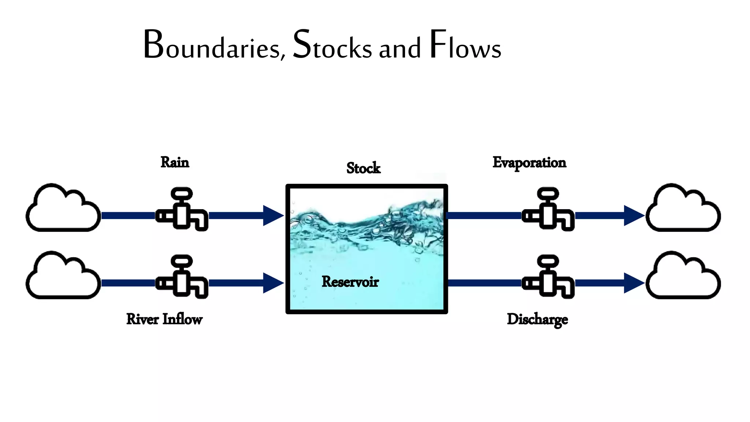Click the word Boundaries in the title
pyautogui.click(x=214, y=46)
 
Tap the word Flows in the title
pyautogui.click(x=465, y=46)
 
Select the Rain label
pyautogui.click(x=175, y=162)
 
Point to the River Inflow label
pyautogui.click(x=164, y=319)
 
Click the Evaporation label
pyautogui.click(x=529, y=163)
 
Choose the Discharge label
pyautogui.click(x=537, y=319)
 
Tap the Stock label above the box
pyautogui.click(x=363, y=168)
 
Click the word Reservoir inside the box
pyautogui.click(x=350, y=282)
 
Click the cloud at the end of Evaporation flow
pyautogui.click(x=683, y=211)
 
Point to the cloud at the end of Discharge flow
pyautogui.click(x=683, y=278)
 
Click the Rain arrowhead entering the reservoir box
pyautogui.click(x=272, y=215)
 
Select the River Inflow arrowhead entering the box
pyautogui.click(x=272, y=283)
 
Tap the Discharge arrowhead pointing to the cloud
pyautogui.click(x=633, y=283)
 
